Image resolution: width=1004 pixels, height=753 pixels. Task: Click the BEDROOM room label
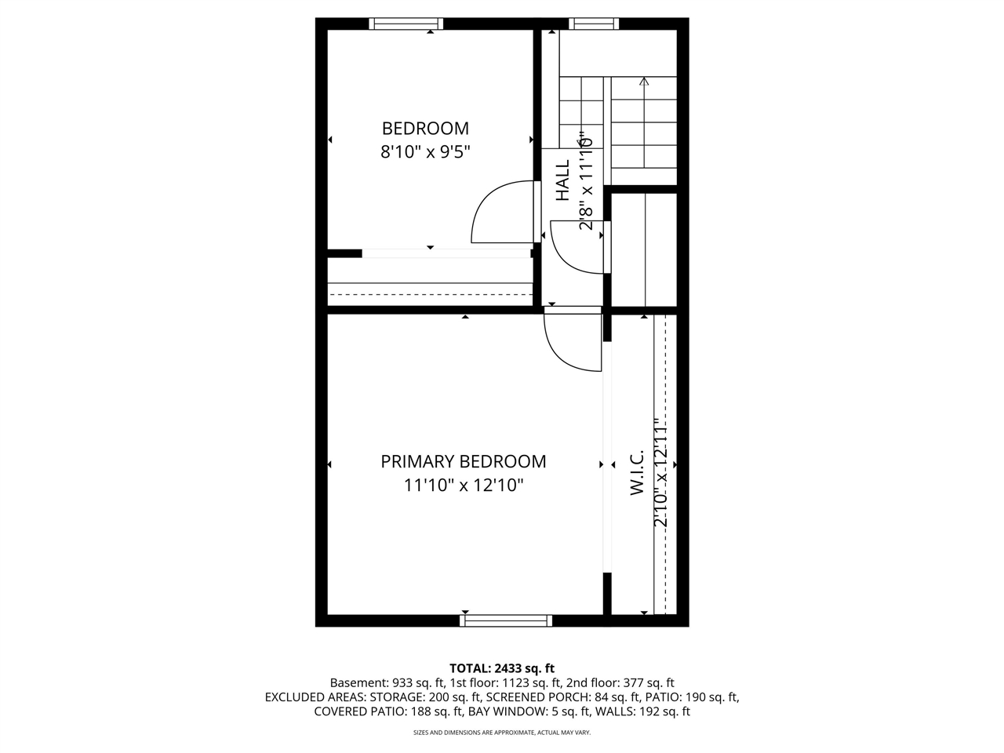(x=425, y=128)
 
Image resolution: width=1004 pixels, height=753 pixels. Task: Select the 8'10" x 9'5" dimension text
(x=425, y=151)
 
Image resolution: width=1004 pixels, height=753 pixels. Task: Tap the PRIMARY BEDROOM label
(x=463, y=461)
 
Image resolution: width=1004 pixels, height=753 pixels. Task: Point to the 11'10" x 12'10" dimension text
(x=463, y=486)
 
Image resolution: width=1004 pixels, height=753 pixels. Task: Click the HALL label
(x=563, y=180)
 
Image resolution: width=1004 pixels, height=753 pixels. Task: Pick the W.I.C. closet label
(x=637, y=472)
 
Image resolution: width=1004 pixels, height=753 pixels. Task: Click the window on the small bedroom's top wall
(x=406, y=24)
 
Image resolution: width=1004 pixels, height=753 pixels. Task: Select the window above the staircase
(x=593, y=24)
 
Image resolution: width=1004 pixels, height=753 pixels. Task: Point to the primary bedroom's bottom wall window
(x=505, y=620)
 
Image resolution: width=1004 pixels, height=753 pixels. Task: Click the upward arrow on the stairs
(x=644, y=82)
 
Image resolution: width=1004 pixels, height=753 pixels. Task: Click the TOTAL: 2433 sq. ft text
(x=502, y=668)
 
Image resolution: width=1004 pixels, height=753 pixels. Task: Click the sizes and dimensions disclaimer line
(x=502, y=733)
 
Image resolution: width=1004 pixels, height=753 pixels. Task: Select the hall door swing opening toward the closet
(x=579, y=247)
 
